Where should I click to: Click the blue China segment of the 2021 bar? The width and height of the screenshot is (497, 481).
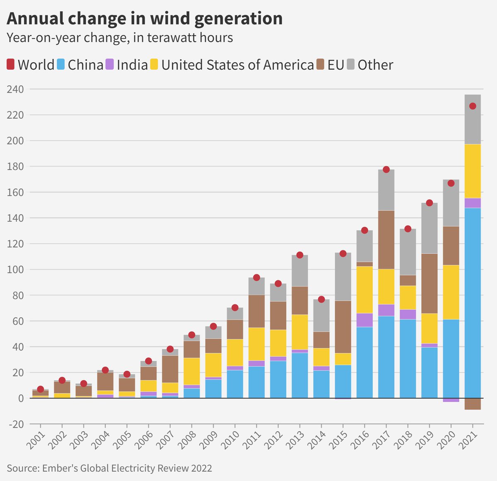[x=473, y=303]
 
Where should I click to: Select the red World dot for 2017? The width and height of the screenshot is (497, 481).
[x=386, y=170]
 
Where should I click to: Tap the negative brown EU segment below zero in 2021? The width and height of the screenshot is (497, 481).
[x=473, y=404]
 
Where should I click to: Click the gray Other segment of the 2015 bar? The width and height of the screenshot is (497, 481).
[x=343, y=277]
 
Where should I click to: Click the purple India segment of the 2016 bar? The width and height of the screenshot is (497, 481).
[x=364, y=320]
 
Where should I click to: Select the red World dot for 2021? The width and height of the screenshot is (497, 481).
[x=473, y=106]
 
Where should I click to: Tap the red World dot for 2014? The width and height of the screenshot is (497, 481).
[x=321, y=299]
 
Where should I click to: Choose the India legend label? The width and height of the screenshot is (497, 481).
[x=132, y=65]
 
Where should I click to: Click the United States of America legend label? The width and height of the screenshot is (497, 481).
[x=237, y=65]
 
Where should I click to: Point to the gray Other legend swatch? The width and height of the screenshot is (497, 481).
[x=351, y=65]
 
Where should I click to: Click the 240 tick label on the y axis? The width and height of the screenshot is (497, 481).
[x=15, y=89]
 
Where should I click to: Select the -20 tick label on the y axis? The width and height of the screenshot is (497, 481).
[x=15, y=424]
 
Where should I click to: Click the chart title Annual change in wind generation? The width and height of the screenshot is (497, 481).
[x=145, y=19]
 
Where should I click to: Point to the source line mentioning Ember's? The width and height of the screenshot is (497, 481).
[x=109, y=468]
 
